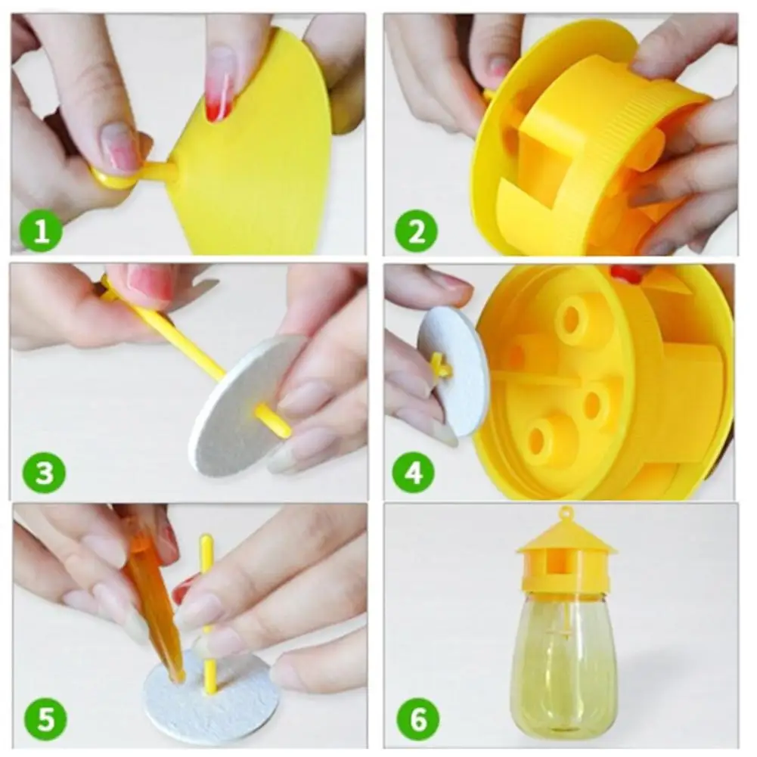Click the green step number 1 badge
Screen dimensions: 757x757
[39, 231]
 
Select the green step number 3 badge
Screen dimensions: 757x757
[44, 473]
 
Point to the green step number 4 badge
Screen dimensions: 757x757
[414, 473]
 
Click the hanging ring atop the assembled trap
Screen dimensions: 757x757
[566, 513]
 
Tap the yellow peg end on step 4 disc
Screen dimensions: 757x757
[439, 368]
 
